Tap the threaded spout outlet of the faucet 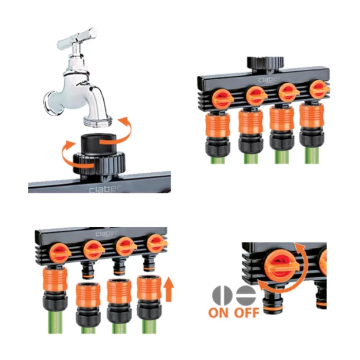click(x=98, y=121)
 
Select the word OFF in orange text click(x=246, y=313)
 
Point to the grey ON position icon click(x=222, y=295)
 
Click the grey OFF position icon click(x=246, y=295)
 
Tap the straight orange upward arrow click(x=169, y=289)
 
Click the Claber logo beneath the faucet click(x=105, y=189)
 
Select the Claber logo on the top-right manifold click(x=269, y=79)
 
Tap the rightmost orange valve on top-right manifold click(x=319, y=89)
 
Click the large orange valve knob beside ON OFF click(x=282, y=266)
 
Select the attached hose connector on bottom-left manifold click(x=55, y=289)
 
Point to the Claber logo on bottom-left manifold click(x=106, y=233)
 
